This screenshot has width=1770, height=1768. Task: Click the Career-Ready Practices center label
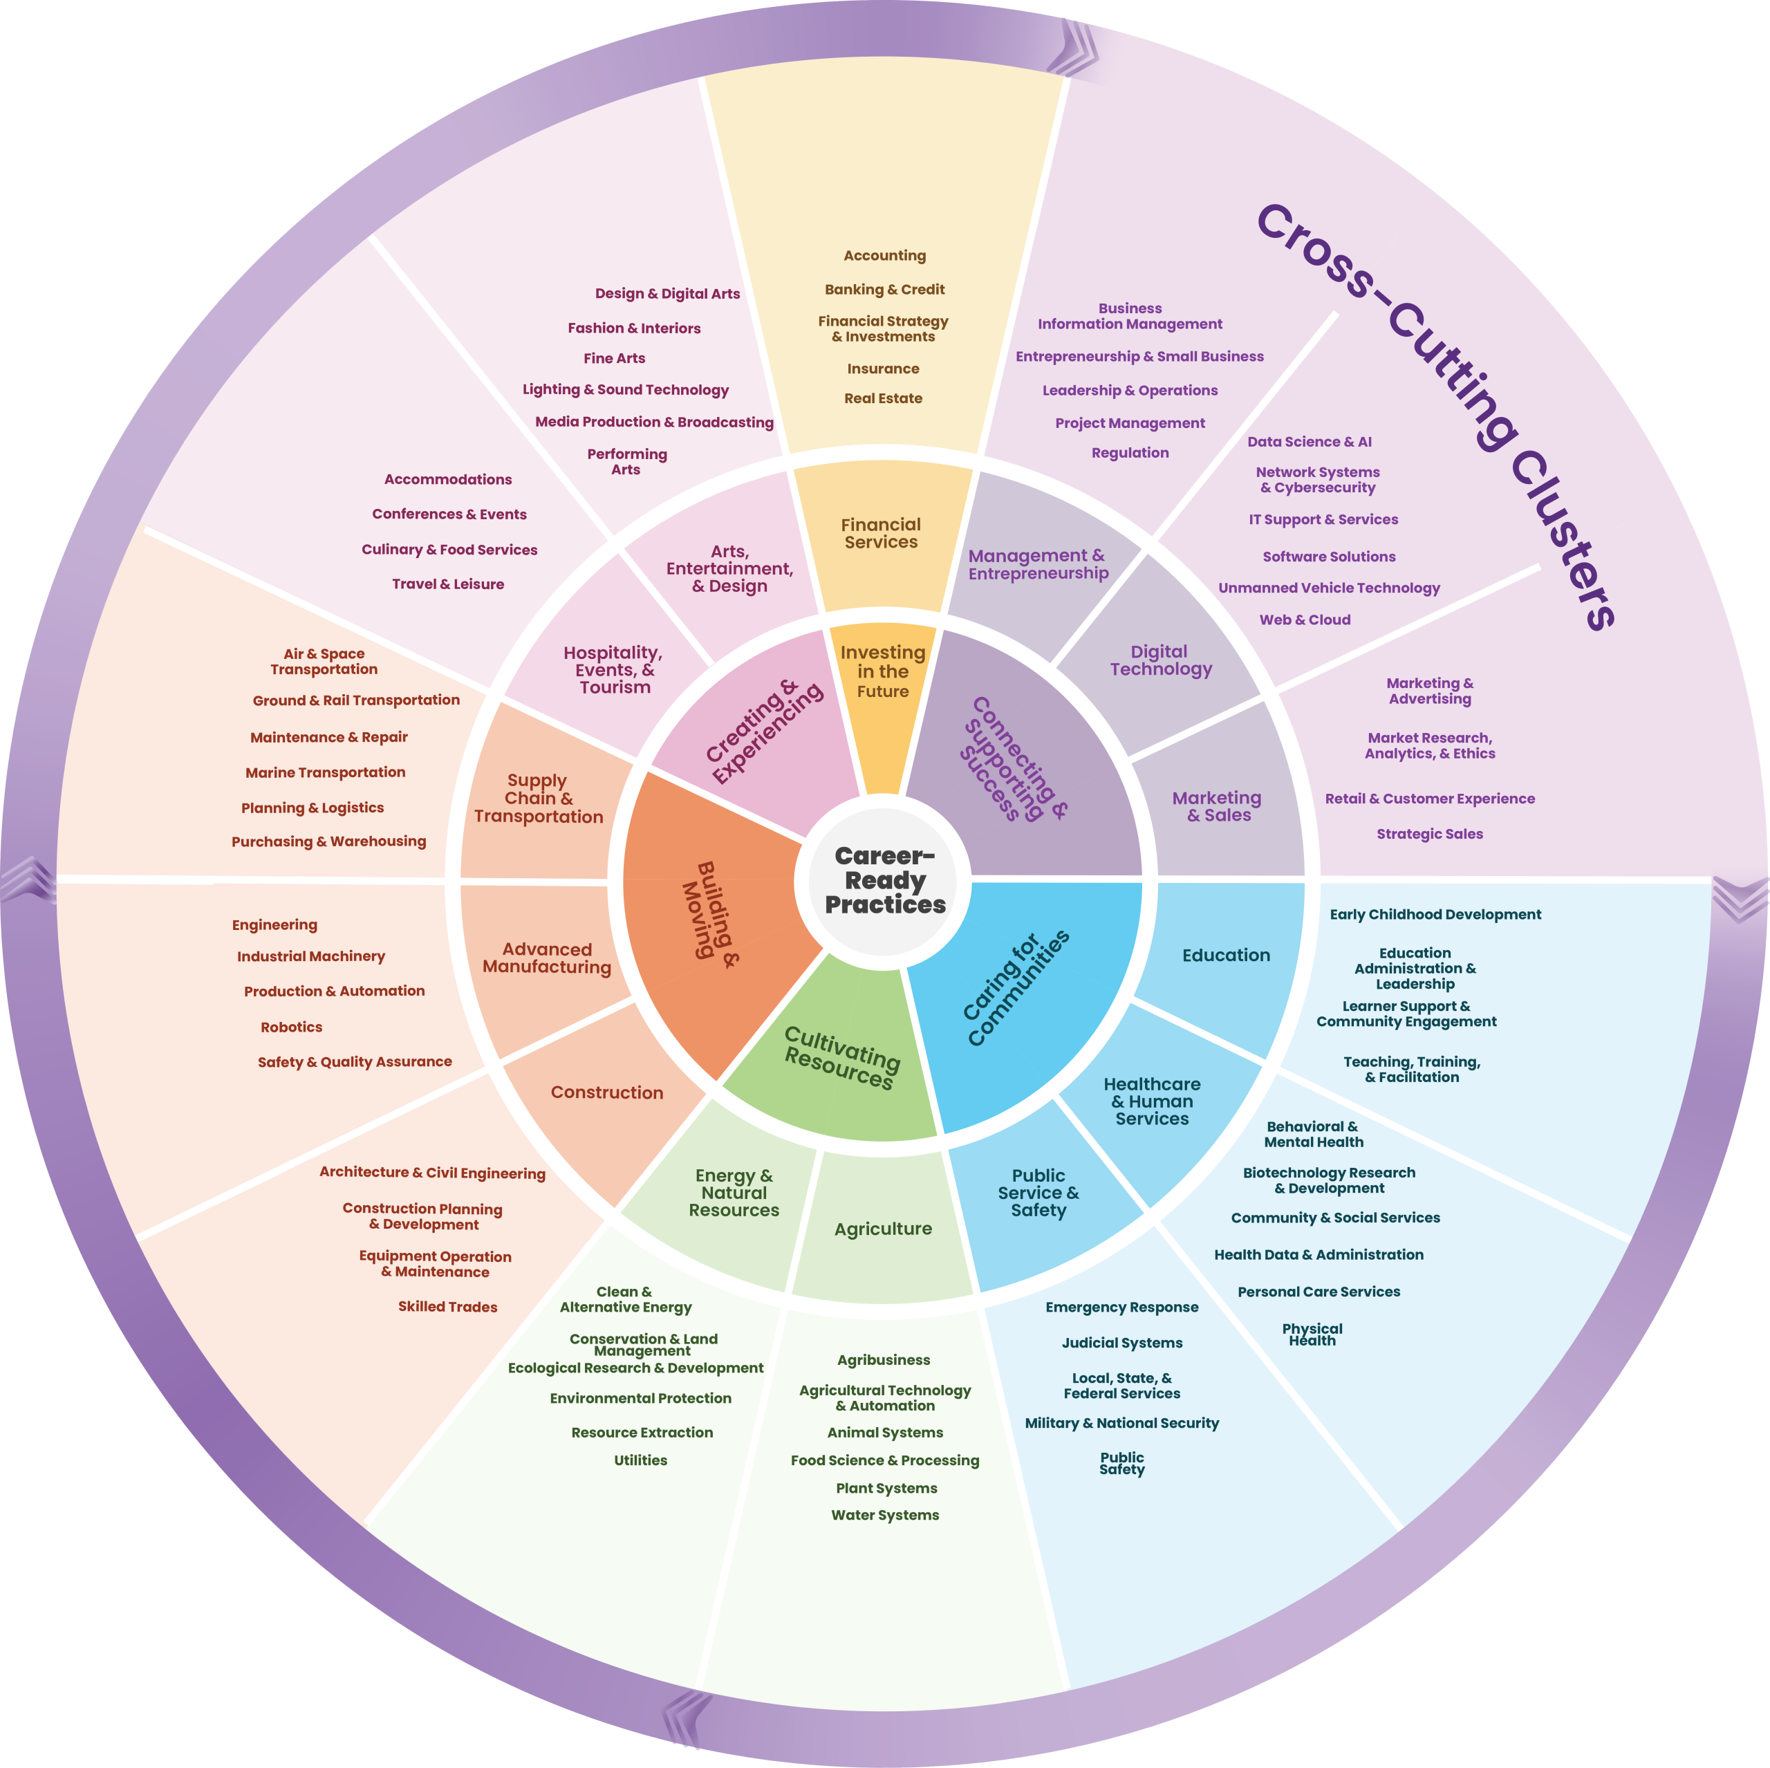tap(884, 880)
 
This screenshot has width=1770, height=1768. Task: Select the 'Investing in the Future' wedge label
tap(883, 671)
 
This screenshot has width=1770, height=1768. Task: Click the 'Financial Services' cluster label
tap(880, 533)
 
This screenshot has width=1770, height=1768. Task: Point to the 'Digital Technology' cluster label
tap(1161, 660)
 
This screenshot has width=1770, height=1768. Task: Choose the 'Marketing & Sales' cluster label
tap(1218, 806)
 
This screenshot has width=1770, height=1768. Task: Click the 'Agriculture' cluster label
tap(883, 1229)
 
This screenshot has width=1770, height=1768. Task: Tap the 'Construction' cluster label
tap(606, 1092)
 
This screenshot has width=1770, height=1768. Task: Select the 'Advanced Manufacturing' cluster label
tap(547, 958)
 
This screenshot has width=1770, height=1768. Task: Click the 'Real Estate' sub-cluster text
tap(883, 398)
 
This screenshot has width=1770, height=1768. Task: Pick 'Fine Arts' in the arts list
tap(614, 358)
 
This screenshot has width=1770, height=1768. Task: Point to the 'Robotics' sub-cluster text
tap(291, 1027)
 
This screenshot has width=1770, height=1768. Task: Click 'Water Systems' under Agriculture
tap(885, 1515)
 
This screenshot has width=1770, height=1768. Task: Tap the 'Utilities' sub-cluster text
tap(640, 1460)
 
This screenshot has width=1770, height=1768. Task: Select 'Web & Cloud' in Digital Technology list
tap(1305, 620)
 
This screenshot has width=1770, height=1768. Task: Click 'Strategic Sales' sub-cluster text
tap(1429, 834)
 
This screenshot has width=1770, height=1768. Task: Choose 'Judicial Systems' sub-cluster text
tap(1121, 1343)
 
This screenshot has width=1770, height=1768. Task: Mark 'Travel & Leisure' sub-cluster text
tap(448, 584)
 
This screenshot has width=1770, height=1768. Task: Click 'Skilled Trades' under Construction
tap(447, 1306)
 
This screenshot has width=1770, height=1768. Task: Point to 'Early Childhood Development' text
tap(1435, 914)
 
